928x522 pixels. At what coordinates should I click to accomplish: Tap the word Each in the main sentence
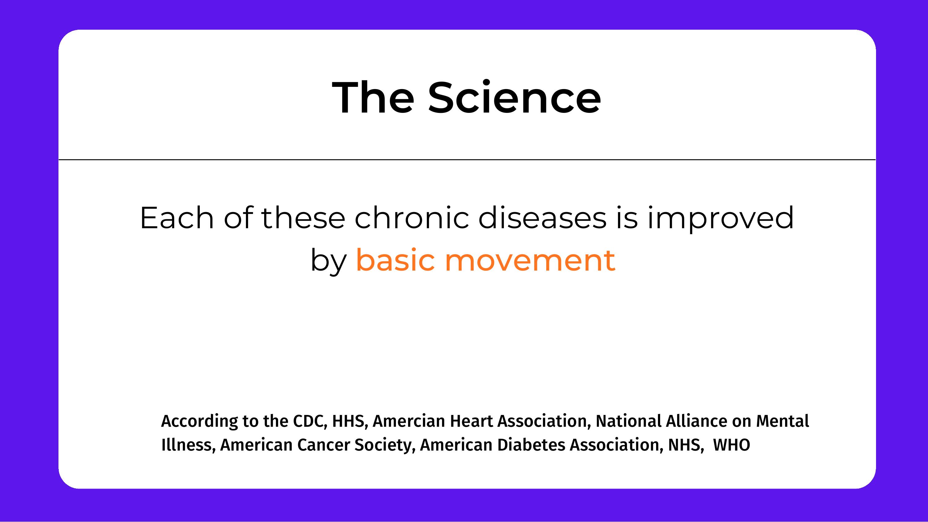tap(177, 218)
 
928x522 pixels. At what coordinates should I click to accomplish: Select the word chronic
tap(412, 218)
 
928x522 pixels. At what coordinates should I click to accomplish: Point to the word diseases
tap(542, 218)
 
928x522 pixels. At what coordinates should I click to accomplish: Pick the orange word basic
tap(395, 260)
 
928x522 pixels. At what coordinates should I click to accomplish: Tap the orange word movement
tap(530, 260)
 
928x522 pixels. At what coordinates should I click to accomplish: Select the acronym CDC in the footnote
tap(310, 421)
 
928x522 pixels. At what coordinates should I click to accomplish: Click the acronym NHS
tap(685, 445)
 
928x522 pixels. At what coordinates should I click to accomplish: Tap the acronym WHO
tap(731, 445)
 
